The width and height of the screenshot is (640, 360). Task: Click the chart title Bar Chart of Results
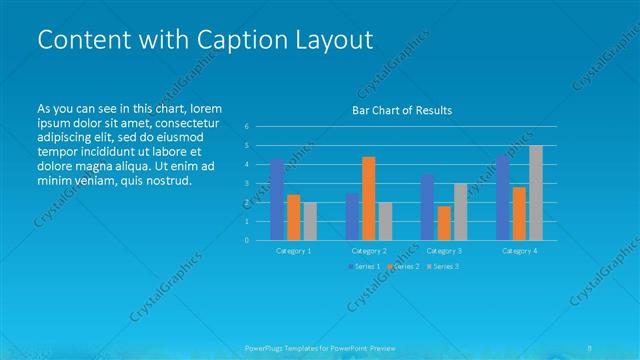pyautogui.click(x=401, y=110)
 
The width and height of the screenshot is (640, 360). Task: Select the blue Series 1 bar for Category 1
pyautogui.click(x=277, y=199)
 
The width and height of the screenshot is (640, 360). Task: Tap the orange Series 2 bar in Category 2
pyautogui.click(x=368, y=198)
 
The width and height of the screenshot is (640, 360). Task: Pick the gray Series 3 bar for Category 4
pyautogui.click(x=535, y=193)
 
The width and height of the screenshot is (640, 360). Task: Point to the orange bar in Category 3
pyautogui.click(x=444, y=223)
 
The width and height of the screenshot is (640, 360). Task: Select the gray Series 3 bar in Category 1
pyautogui.click(x=309, y=221)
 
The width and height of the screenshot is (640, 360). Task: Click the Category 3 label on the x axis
pyautogui.click(x=444, y=251)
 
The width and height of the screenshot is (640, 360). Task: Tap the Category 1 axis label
pyautogui.click(x=294, y=251)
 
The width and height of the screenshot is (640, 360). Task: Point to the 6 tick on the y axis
pyautogui.click(x=246, y=127)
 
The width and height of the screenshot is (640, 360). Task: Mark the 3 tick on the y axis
pyautogui.click(x=246, y=183)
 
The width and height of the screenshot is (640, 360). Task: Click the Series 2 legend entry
pyautogui.click(x=403, y=266)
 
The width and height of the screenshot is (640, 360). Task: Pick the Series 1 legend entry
pyautogui.click(x=364, y=266)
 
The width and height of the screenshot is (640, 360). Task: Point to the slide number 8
pyautogui.click(x=590, y=348)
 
